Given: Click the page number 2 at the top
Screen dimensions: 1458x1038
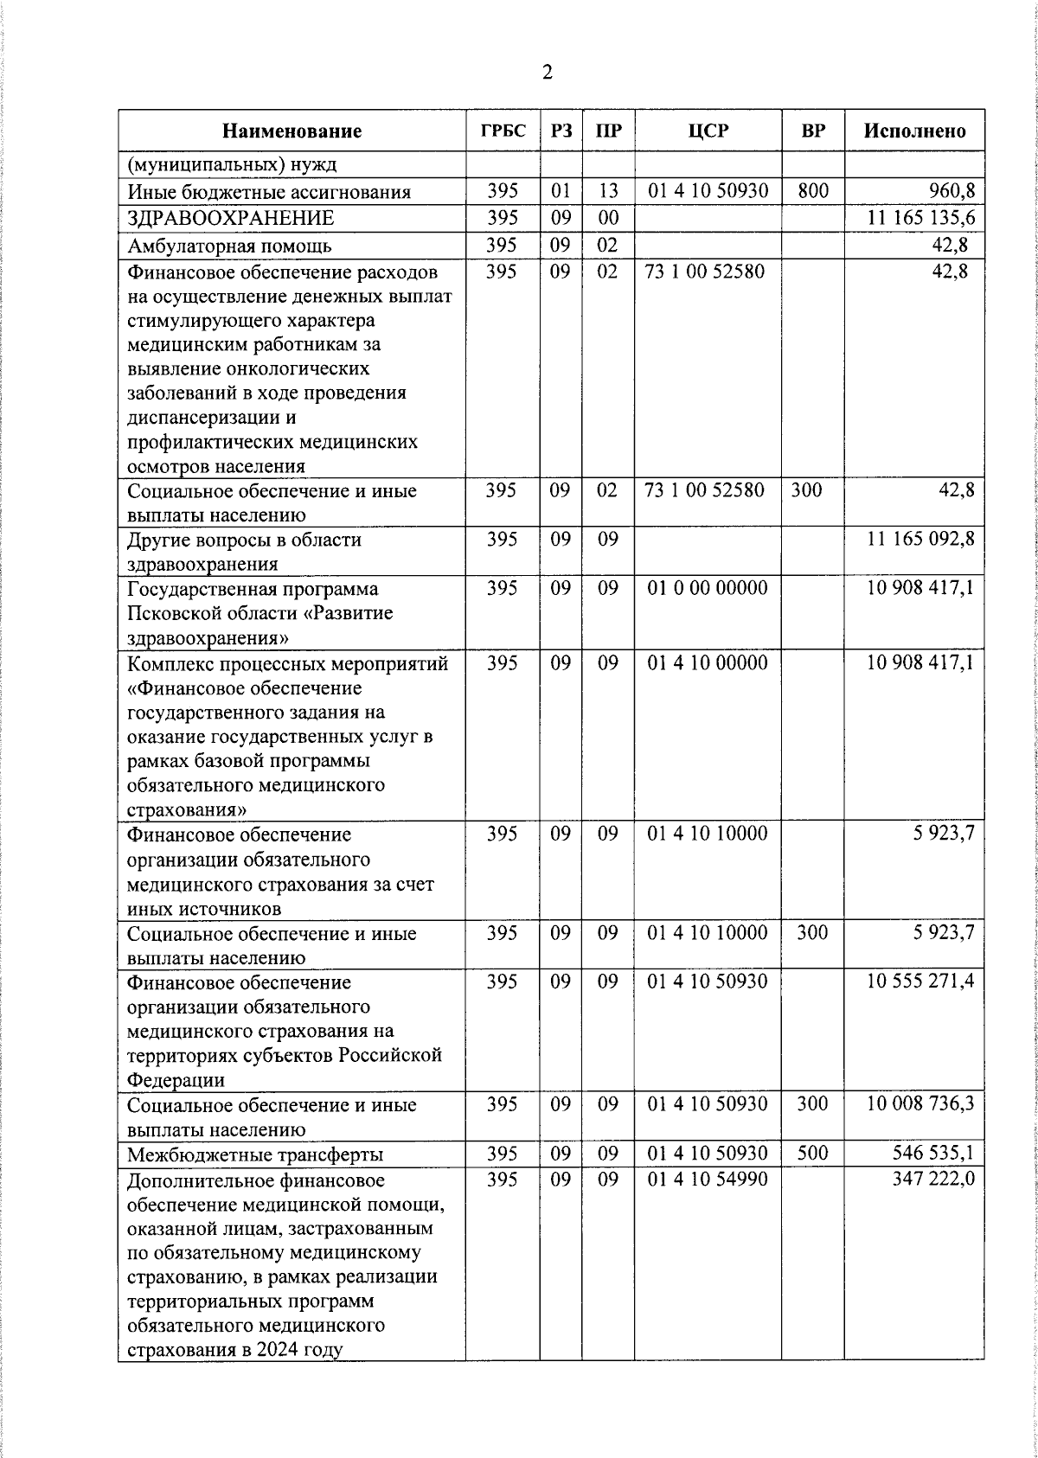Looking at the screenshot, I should [547, 73].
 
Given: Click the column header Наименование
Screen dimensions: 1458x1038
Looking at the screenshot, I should [292, 131].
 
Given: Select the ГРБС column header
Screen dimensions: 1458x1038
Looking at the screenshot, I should [503, 131].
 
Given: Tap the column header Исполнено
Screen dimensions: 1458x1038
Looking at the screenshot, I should [914, 131].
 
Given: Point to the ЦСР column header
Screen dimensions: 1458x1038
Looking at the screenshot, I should [708, 131].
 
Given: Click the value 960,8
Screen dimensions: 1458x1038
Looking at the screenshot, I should [951, 191].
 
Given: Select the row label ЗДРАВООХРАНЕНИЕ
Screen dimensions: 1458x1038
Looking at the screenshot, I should [231, 218].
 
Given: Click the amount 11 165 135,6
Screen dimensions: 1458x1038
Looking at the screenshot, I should [921, 218].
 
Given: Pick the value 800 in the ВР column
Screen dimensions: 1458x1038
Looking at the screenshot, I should [812, 191].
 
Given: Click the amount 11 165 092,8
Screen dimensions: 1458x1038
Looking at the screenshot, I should [921, 539].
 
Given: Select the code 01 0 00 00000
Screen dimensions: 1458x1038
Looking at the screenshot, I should [707, 588].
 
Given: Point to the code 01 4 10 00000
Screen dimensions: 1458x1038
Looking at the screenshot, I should [707, 663].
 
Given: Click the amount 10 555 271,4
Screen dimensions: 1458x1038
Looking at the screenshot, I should [921, 982].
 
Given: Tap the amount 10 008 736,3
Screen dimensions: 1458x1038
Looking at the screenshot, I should [921, 1104].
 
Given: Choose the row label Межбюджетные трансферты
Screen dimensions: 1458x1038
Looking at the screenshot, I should [255, 1154].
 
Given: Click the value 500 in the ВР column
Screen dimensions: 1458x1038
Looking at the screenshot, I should [812, 1154].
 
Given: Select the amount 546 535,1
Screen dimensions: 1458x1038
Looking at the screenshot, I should [933, 1154].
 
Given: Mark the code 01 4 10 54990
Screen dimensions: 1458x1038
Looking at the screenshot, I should [707, 1180].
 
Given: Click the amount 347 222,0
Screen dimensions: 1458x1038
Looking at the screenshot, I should [933, 1180].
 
